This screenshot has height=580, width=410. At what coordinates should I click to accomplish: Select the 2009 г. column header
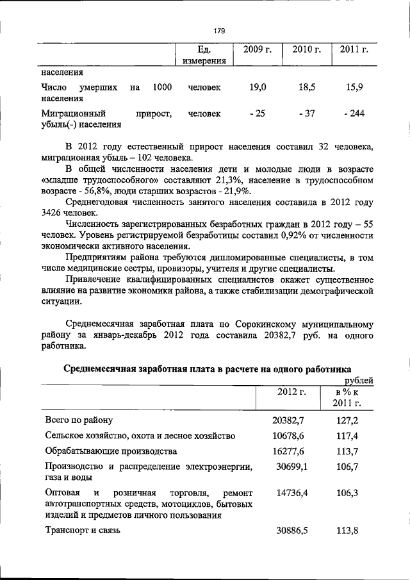pyautogui.click(x=256, y=50)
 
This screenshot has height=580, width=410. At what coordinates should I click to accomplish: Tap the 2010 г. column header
pyautogui.click(x=306, y=50)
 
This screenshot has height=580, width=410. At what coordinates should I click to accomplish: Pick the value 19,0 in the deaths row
pyautogui.click(x=258, y=87)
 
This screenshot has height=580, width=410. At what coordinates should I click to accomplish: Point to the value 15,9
pyautogui.click(x=354, y=87)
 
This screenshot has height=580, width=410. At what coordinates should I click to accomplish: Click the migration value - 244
pyautogui.click(x=354, y=113)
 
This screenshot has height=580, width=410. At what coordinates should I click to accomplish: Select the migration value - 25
pyautogui.click(x=258, y=113)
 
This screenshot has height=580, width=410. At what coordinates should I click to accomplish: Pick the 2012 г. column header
pyautogui.click(x=291, y=392)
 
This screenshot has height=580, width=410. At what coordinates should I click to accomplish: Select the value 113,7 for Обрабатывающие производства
pyautogui.click(x=347, y=451)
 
